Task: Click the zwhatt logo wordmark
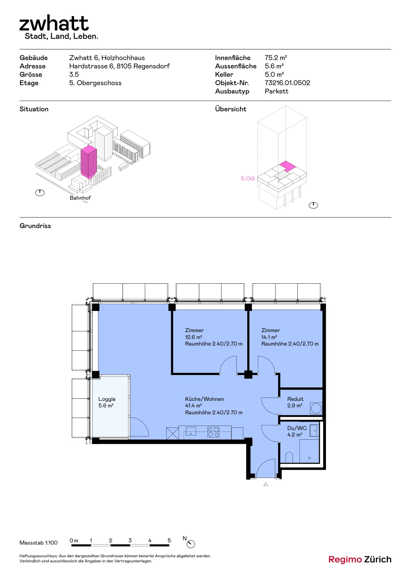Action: coord(54,23)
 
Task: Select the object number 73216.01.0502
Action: coord(287,83)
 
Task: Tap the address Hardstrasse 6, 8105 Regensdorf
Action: coord(119,66)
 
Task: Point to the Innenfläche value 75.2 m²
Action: coord(276,58)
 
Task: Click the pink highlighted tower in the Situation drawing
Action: coord(89,162)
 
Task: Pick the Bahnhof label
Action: coord(80,198)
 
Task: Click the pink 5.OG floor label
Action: coord(248,179)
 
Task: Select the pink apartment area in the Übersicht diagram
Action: coord(287,166)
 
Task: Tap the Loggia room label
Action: coord(107,399)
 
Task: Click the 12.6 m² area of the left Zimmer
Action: coord(194,337)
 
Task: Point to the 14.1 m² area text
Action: coord(269,337)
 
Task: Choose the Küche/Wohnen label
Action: coord(204,399)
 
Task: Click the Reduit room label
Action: coord(295,399)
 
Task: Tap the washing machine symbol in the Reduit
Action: coord(316,408)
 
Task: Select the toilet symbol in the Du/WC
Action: coord(289,458)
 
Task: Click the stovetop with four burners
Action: coord(213,432)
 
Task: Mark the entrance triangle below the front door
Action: coord(265,484)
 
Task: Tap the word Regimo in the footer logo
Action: coord(345,559)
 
